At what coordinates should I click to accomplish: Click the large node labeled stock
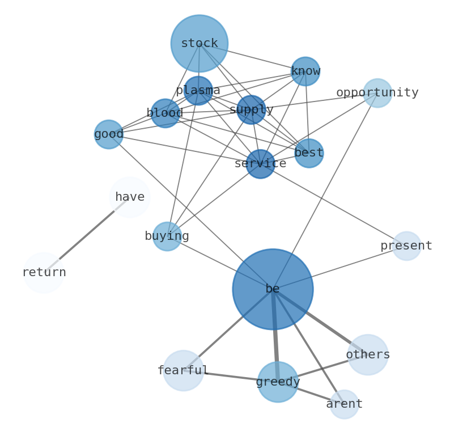199,43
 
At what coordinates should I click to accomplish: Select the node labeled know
305,71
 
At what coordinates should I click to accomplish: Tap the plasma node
198,91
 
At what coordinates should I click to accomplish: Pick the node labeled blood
165,113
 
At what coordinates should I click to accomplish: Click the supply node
251,109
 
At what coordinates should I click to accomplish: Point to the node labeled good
108,134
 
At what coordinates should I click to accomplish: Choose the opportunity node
377,93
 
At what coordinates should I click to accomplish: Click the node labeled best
309,153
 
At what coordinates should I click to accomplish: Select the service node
260,164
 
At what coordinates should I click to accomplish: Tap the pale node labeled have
129,197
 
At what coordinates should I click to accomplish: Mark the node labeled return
44,273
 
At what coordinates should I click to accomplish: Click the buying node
167,236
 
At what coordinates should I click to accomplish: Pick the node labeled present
406,246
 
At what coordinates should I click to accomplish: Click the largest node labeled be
273,289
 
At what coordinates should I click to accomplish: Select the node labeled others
368,355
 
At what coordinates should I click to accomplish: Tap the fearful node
183,371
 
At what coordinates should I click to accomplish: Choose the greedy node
278,382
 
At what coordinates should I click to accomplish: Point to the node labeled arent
344,404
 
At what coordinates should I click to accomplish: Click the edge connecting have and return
86,235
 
